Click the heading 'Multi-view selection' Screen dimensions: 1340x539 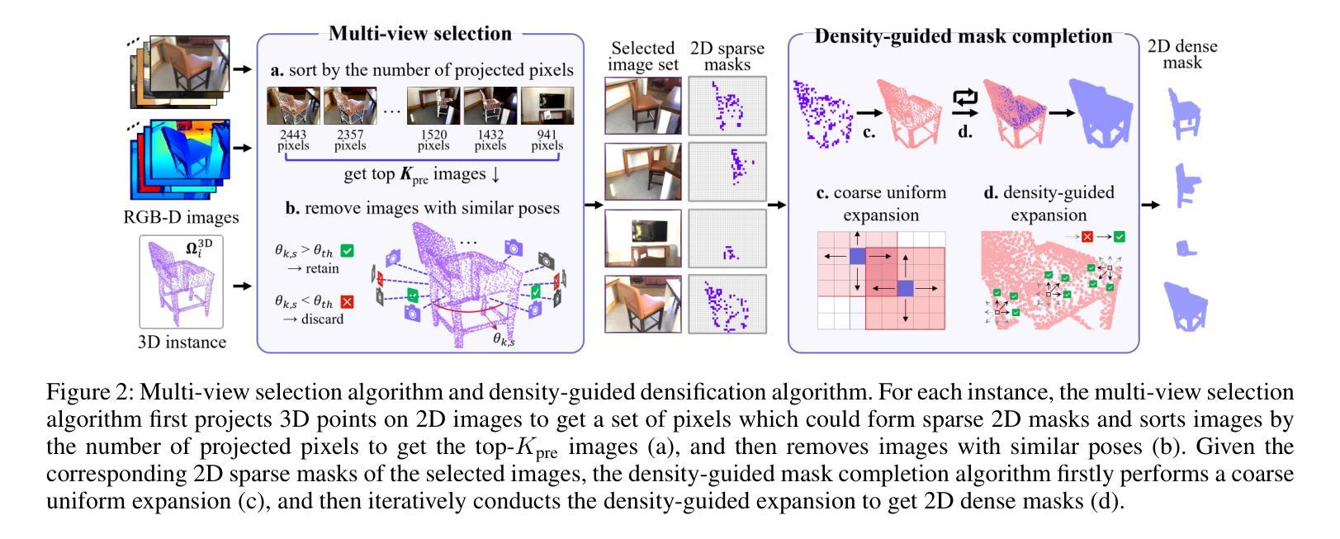[420, 34]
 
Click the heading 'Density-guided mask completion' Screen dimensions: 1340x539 [963, 36]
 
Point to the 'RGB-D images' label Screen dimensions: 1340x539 [182, 218]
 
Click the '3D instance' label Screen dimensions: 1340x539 [182, 342]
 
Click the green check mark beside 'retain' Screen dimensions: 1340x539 [348, 250]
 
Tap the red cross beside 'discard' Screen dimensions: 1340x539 [347, 302]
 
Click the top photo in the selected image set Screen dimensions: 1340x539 [643, 106]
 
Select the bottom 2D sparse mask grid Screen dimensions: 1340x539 [727, 304]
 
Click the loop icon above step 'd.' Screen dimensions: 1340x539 [964, 99]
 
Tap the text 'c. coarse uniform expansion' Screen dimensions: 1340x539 [881, 204]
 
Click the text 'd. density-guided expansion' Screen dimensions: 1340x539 [1049, 204]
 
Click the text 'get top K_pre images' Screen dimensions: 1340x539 [421, 175]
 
